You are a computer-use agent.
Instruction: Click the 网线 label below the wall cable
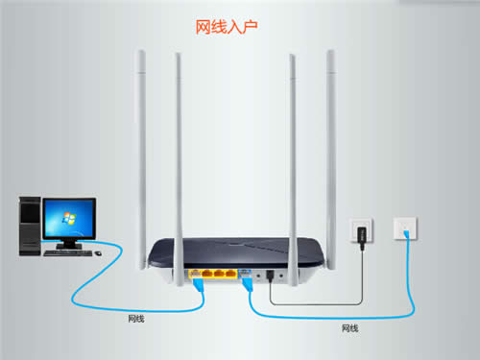[349, 328]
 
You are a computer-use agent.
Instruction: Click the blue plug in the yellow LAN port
[198, 281]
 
